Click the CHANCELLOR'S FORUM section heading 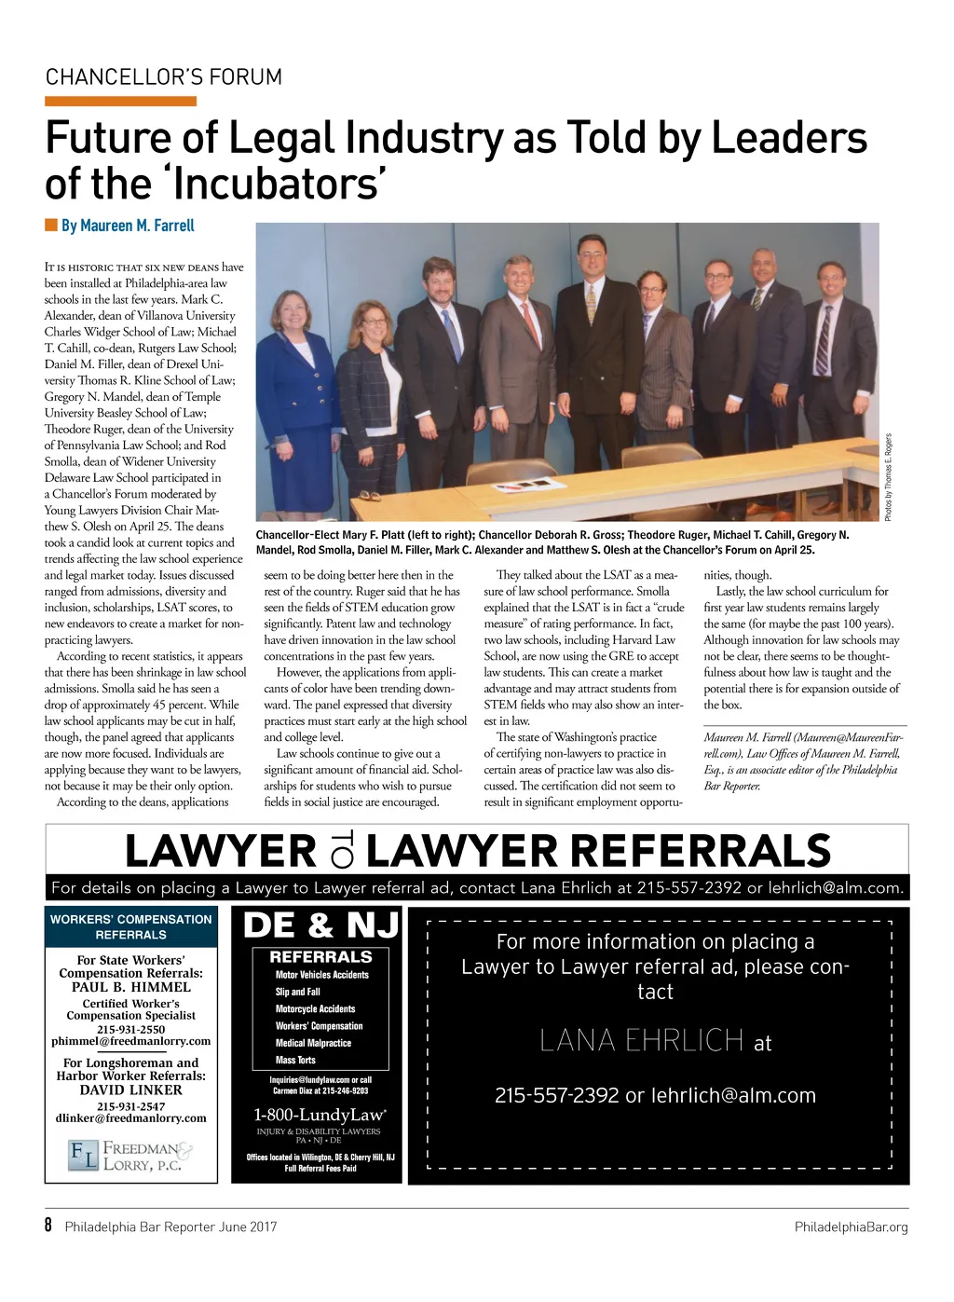pyautogui.click(x=163, y=77)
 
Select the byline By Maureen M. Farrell pyautogui.click(x=128, y=226)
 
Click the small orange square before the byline pyautogui.click(x=51, y=226)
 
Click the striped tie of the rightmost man pyautogui.click(x=824, y=339)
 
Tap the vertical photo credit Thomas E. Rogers pyautogui.click(x=889, y=477)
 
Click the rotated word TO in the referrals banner pyautogui.click(x=341, y=851)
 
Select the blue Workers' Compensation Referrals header pyautogui.click(x=131, y=926)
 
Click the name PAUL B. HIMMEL pyautogui.click(x=131, y=987)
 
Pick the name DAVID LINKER pyautogui.click(x=131, y=1090)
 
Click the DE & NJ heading pyautogui.click(x=320, y=925)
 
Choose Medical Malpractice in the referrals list pyautogui.click(x=313, y=1043)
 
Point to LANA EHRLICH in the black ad pyautogui.click(x=642, y=1041)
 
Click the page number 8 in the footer pyautogui.click(x=49, y=1226)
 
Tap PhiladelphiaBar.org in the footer pyautogui.click(x=851, y=1227)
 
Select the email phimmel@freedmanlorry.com pyautogui.click(x=131, y=1041)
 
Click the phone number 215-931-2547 pyautogui.click(x=131, y=1106)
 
